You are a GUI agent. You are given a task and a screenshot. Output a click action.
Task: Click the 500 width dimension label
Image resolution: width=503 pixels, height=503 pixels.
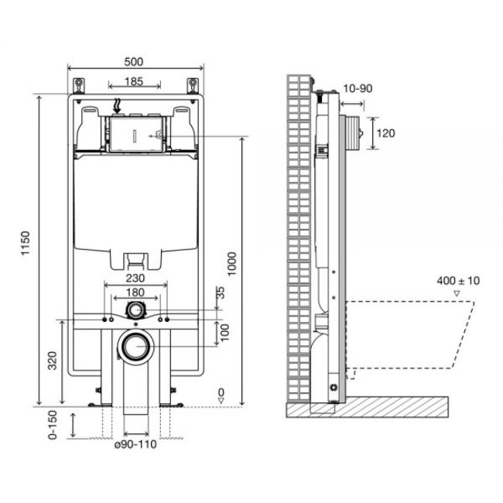133,62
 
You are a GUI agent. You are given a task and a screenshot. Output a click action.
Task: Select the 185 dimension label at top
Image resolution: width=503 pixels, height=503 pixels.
133,81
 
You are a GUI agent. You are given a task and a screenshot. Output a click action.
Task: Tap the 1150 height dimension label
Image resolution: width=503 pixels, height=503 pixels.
26,243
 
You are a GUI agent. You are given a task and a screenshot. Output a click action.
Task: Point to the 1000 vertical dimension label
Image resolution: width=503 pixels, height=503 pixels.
231,264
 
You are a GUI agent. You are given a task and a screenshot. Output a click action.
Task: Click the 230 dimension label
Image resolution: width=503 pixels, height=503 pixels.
135,278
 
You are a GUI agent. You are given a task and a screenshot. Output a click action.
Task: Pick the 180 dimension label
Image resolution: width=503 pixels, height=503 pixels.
135,293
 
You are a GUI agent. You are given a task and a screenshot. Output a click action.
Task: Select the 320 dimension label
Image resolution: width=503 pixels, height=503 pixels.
53,361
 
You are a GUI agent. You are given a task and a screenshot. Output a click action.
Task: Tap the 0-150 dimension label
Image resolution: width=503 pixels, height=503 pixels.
53,425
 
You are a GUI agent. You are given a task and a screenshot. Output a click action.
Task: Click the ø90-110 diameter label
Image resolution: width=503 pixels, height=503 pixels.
135,444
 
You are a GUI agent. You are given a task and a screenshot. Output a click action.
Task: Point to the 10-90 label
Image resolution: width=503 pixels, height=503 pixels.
358,88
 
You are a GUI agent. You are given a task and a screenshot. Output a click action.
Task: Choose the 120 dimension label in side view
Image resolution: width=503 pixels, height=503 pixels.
385,133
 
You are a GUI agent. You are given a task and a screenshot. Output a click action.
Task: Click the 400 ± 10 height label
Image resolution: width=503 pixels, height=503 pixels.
458,281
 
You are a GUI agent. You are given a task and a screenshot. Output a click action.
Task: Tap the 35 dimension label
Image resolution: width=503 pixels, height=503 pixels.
221,293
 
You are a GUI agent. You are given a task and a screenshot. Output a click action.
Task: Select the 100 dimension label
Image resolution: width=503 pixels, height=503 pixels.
225,332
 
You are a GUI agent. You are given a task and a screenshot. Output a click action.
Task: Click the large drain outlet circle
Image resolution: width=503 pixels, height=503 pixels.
136,347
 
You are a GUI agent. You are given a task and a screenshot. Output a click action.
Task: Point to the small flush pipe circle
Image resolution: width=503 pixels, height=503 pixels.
136,310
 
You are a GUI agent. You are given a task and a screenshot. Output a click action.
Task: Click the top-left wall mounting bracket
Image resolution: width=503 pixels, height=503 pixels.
79,86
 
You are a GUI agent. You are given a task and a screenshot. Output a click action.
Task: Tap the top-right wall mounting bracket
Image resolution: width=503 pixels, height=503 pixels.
193,86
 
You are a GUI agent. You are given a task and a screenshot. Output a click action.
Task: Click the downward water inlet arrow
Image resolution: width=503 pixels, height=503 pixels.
118,106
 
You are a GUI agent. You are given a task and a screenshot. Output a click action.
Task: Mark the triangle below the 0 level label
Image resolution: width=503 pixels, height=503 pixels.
221,400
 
